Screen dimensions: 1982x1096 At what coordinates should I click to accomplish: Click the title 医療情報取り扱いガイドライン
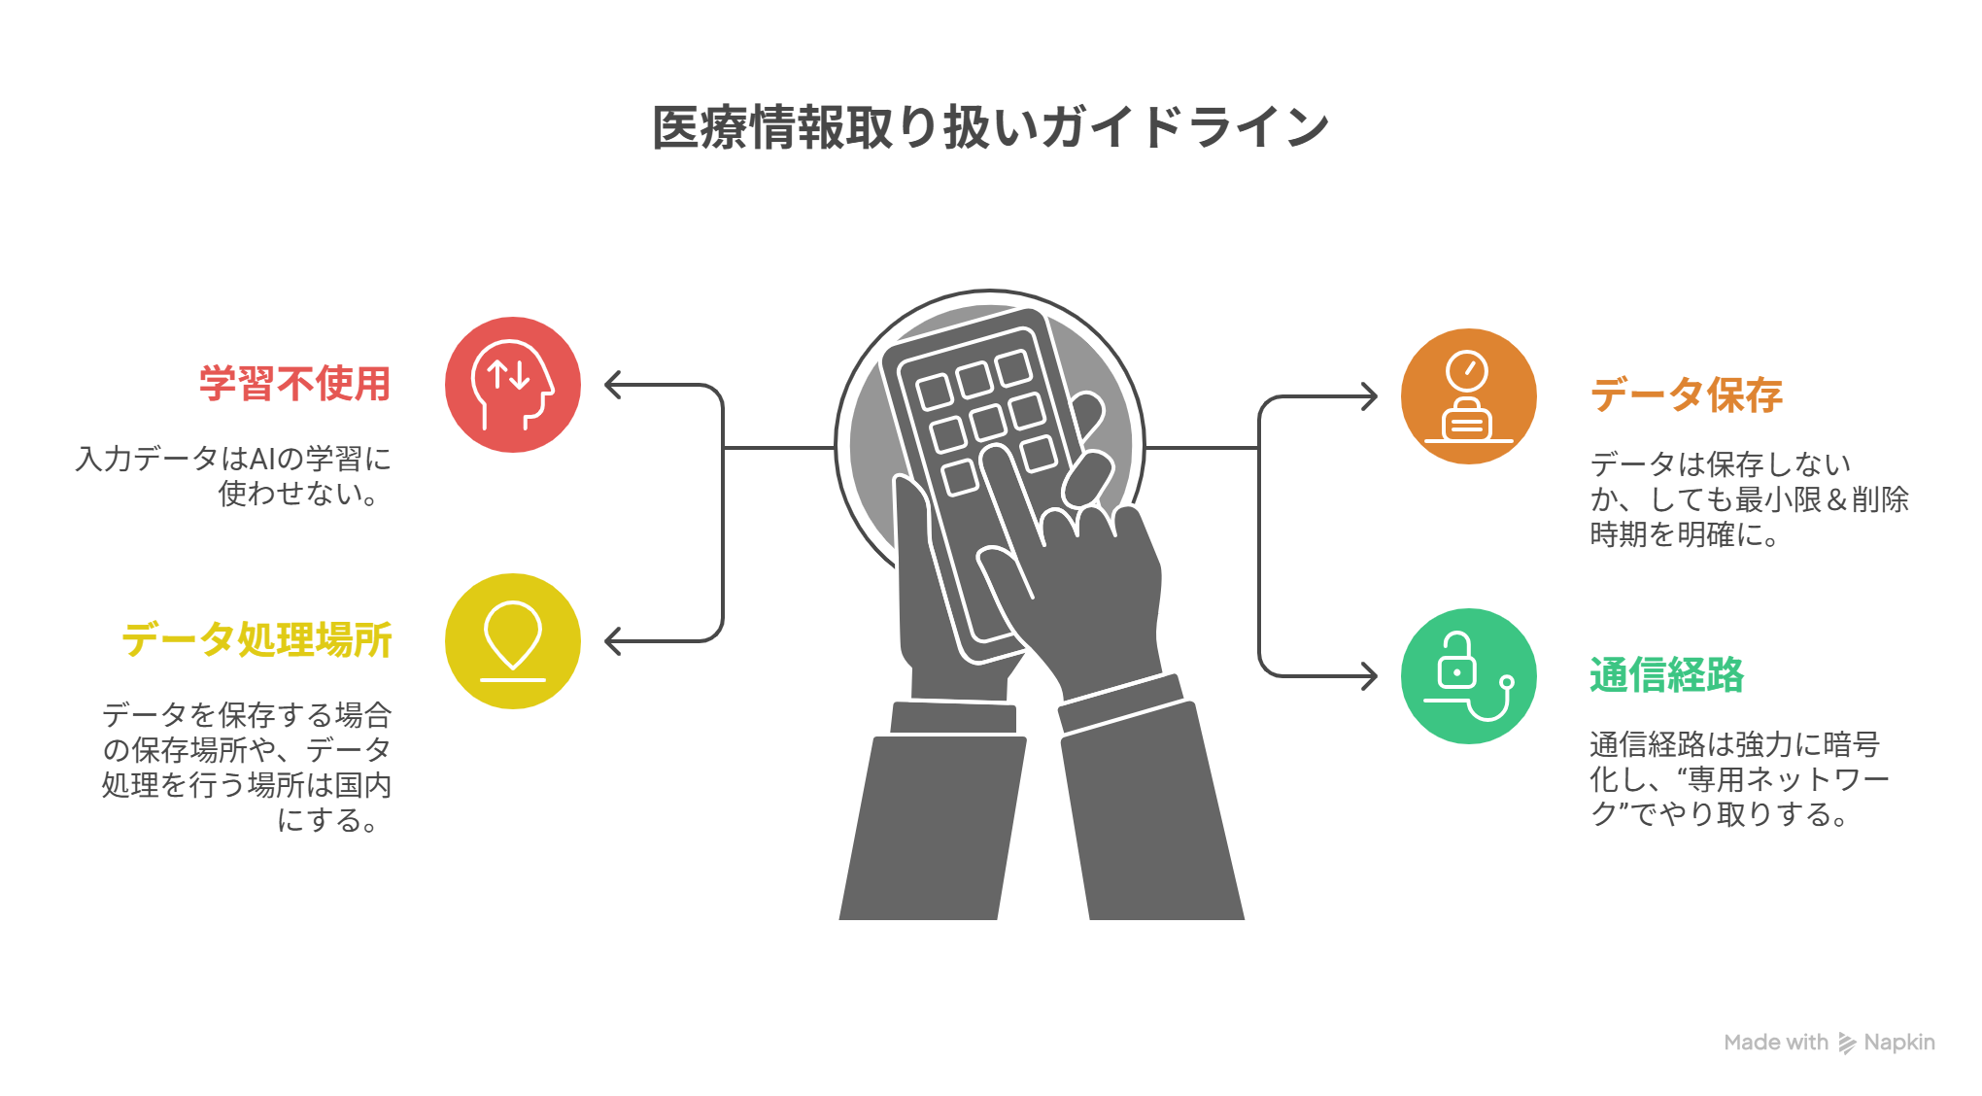click(990, 127)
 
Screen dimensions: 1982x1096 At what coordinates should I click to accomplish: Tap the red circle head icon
click(513, 385)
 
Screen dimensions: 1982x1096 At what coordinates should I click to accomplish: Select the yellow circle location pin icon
click(513, 641)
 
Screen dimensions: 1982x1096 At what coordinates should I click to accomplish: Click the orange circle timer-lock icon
click(1468, 396)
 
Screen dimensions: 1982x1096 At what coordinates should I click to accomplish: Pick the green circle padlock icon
click(1468, 676)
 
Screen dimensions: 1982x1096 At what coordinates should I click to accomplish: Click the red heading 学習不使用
click(294, 384)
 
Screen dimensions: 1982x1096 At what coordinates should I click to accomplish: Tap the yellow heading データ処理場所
click(256, 640)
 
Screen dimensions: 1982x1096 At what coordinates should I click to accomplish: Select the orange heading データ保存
click(1686, 395)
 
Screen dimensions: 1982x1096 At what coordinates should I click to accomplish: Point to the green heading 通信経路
click(1666, 675)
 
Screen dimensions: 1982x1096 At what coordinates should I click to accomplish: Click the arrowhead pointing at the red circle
click(611, 385)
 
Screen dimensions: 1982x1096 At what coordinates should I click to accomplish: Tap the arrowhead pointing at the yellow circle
click(611, 641)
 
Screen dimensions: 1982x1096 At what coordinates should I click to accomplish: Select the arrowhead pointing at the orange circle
click(1371, 396)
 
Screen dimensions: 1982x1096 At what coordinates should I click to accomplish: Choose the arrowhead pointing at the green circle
click(1371, 676)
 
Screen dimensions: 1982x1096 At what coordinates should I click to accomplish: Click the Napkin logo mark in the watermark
click(1846, 1044)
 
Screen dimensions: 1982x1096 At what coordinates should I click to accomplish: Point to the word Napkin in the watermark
click(1899, 1043)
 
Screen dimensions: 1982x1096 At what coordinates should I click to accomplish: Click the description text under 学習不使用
click(233, 476)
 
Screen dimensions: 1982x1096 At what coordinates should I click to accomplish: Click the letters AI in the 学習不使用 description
click(262, 459)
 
